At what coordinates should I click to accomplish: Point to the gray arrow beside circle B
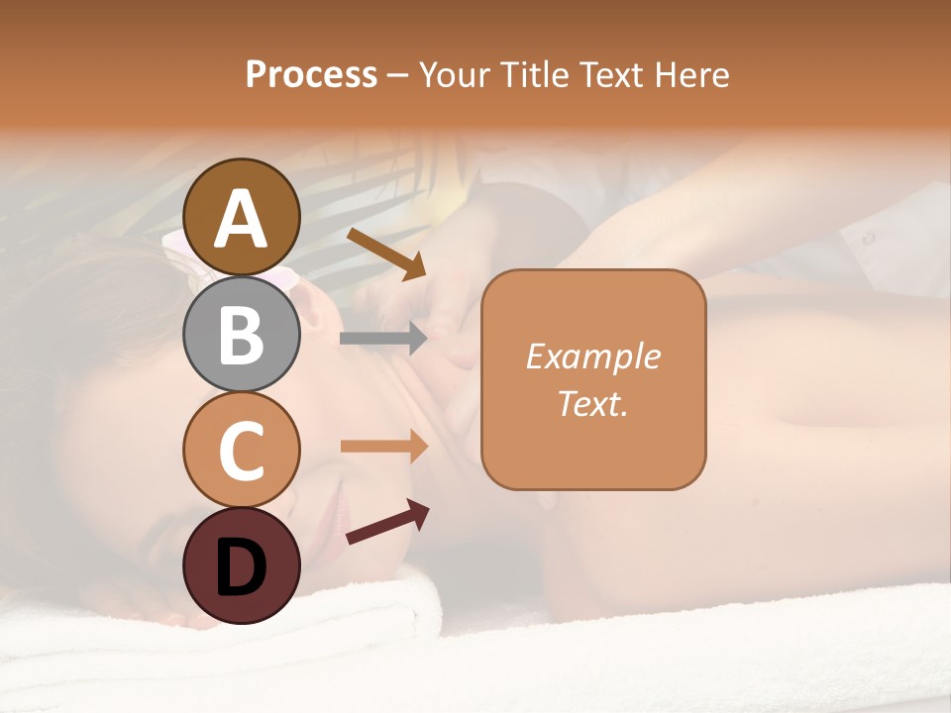coord(383,339)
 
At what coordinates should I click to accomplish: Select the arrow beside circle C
coord(384,447)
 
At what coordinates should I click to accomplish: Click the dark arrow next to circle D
coord(387,522)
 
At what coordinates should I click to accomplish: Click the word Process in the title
coord(311,74)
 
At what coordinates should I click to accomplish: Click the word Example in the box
coord(592,356)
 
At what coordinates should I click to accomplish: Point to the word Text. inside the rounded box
coord(592,404)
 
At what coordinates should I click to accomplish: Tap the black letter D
coord(241,567)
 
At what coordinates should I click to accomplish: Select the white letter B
coord(241,335)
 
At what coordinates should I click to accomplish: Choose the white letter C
coord(241,451)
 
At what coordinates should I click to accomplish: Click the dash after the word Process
coord(397,75)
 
